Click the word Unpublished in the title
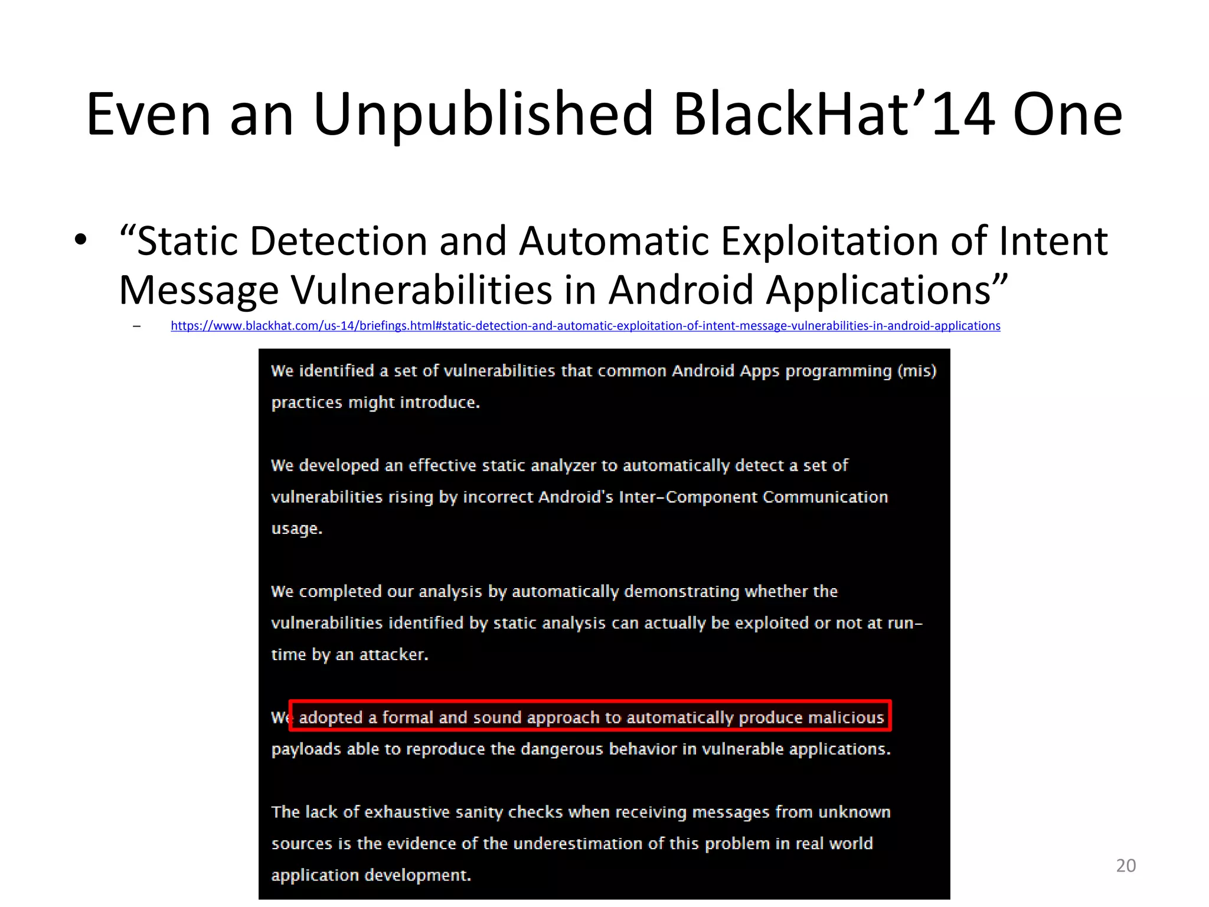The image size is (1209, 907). (x=483, y=115)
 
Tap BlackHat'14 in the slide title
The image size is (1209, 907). (x=834, y=115)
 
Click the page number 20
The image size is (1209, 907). (x=1126, y=866)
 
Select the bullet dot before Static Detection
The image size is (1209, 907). (x=81, y=240)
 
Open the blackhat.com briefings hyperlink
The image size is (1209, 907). (x=585, y=326)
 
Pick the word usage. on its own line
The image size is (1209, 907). (x=296, y=528)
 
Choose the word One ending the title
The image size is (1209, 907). (x=1067, y=115)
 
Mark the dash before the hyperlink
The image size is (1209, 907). (x=137, y=326)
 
